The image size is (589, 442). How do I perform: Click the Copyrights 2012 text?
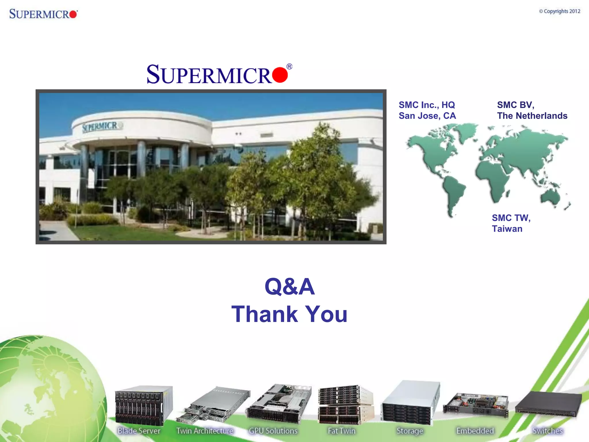[559, 11]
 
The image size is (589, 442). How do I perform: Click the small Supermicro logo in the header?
[43, 14]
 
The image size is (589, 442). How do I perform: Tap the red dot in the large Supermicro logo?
[280, 75]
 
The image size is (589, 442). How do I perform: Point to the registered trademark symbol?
[289, 67]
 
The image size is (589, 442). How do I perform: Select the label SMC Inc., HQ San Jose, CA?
[427, 110]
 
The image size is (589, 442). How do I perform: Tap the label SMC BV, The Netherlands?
[532, 110]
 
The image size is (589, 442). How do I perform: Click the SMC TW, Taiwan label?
[511, 223]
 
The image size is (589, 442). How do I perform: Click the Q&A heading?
[290, 287]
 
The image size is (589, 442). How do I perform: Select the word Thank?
[264, 314]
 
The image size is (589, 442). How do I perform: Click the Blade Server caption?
[139, 431]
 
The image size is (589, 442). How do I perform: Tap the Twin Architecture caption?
[204, 431]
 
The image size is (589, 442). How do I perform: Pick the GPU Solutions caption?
[273, 431]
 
